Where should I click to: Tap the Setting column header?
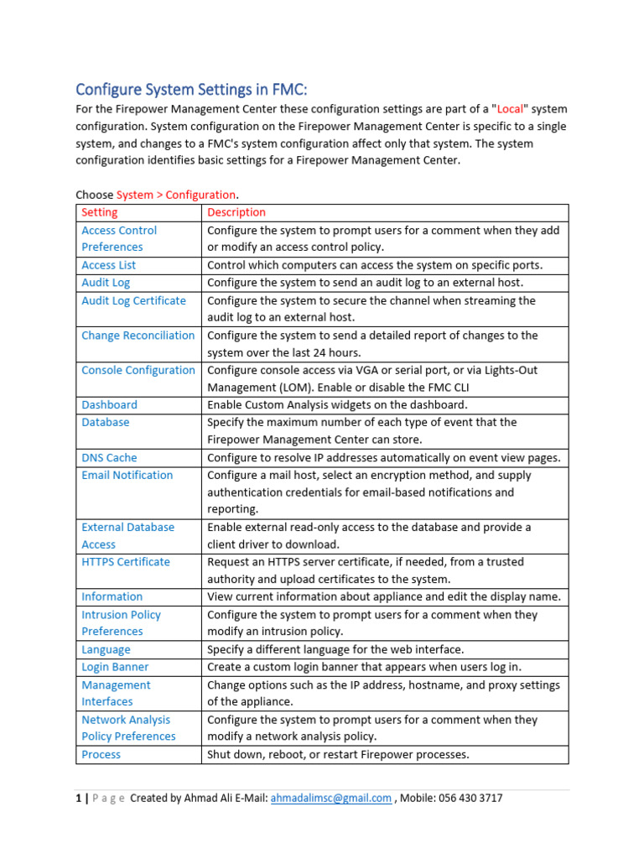click(x=100, y=212)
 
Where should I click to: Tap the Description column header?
click(x=236, y=212)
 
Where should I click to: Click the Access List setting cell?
click(x=108, y=265)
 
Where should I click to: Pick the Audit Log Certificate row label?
click(x=133, y=300)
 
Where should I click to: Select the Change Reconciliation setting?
click(x=138, y=336)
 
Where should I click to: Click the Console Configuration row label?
click(x=138, y=370)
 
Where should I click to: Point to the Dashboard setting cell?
click(x=109, y=404)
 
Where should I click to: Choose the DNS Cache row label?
click(x=109, y=457)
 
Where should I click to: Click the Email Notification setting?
click(x=127, y=475)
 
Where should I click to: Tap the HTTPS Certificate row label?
click(x=125, y=562)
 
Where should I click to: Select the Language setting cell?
click(x=106, y=649)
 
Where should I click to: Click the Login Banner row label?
click(x=115, y=667)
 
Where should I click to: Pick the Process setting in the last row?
click(x=101, y=754)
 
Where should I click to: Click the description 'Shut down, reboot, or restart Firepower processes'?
click(x=338, y=754)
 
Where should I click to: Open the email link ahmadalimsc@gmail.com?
click(x=330, y=798)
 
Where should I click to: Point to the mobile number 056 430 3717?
click(x=471, y=798)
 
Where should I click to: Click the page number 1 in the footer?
click(x=78, y=798)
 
